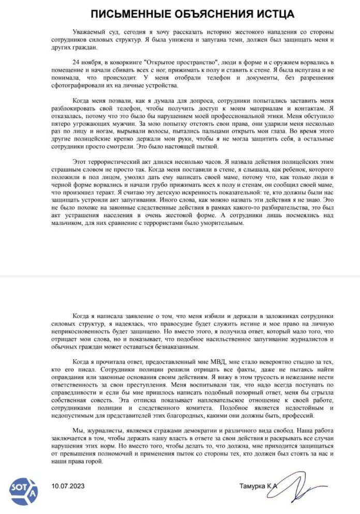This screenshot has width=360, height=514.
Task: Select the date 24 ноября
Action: (89, 63)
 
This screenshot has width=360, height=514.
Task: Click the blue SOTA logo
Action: (23, 488)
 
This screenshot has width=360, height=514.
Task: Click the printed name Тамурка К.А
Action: (259, 486)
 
